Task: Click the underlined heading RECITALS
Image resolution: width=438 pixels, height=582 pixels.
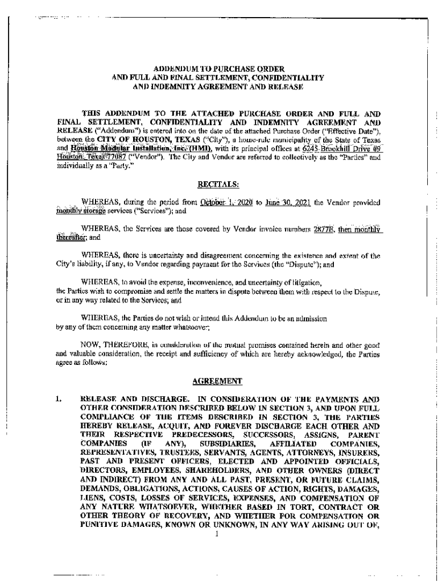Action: [218, 184]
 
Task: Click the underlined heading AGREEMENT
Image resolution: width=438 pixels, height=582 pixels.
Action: [218, 381]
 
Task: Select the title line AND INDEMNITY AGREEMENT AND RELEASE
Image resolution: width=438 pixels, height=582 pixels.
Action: [218, 86]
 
